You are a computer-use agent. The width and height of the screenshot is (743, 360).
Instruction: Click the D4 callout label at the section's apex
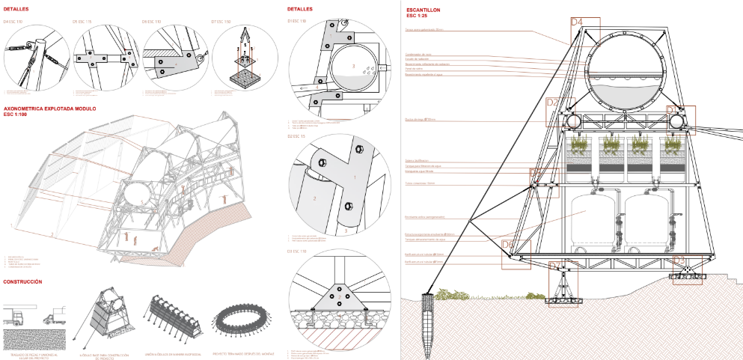577,22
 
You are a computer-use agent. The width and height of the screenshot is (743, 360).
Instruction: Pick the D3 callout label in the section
680,260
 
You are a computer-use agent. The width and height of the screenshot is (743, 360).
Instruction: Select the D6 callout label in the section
507,245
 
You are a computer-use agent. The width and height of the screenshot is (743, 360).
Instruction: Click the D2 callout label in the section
553,103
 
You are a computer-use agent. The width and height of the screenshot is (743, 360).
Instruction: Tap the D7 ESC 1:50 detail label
223,22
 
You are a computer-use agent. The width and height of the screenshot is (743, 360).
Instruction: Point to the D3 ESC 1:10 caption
299,251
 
